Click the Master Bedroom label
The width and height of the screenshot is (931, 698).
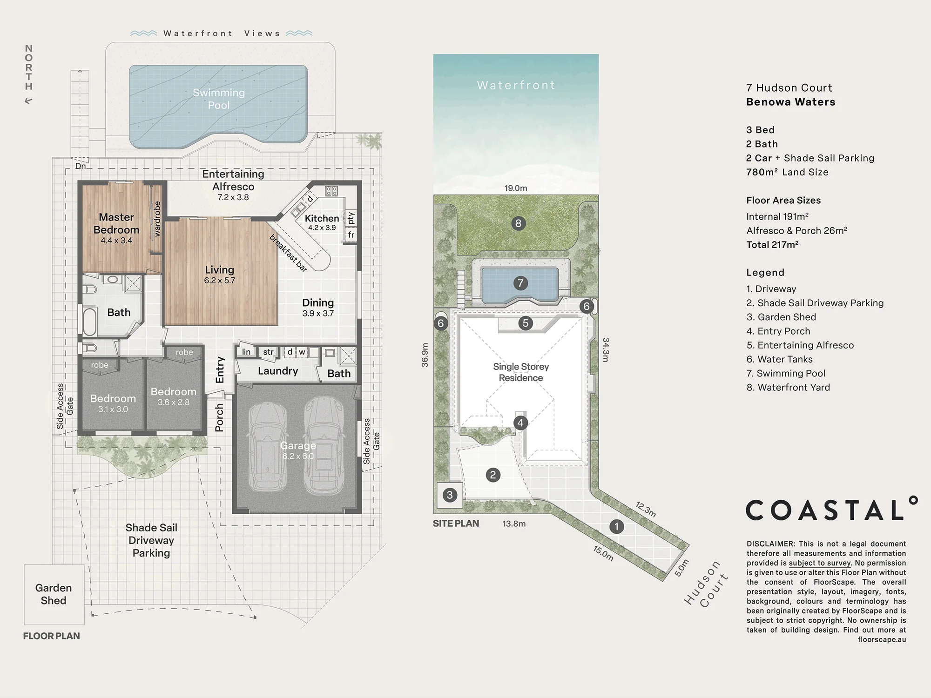[x=116, y=223]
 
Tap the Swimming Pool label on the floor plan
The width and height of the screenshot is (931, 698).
[x=219, y=99]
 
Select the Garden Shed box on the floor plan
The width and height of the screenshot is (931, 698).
[x=54, y=594]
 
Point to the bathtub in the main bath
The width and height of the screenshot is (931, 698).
[x=89, y=321]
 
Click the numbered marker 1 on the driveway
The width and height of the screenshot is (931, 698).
[x=617, y=526]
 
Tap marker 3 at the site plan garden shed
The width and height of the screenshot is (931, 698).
[x=450, y=495]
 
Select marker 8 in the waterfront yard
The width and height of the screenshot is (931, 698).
[x=518, y=223]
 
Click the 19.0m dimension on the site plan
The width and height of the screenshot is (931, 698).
[x=516, y=188]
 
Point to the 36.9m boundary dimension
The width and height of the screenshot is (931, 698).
[x=425, y=355]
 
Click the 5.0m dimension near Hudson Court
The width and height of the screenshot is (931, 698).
[x=681, y=568]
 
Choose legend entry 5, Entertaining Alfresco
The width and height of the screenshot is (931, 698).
[x=800, y=345]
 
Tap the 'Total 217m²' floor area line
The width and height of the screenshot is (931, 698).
[x=773, y=245]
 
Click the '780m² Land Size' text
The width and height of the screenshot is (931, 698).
[x=787, y=172]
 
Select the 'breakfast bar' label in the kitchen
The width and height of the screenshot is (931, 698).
[x=289, y=253]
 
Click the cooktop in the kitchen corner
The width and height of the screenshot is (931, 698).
[x=331, y=191]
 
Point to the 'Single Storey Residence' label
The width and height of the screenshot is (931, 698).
[x=521, y=372]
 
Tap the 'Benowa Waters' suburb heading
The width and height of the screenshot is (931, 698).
[x=791, y=102]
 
